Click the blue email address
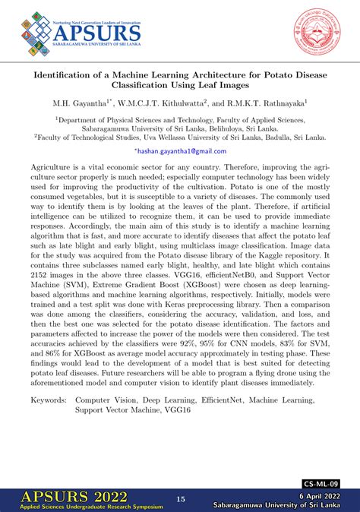click(180, 151)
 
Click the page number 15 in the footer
click(181, 499)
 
